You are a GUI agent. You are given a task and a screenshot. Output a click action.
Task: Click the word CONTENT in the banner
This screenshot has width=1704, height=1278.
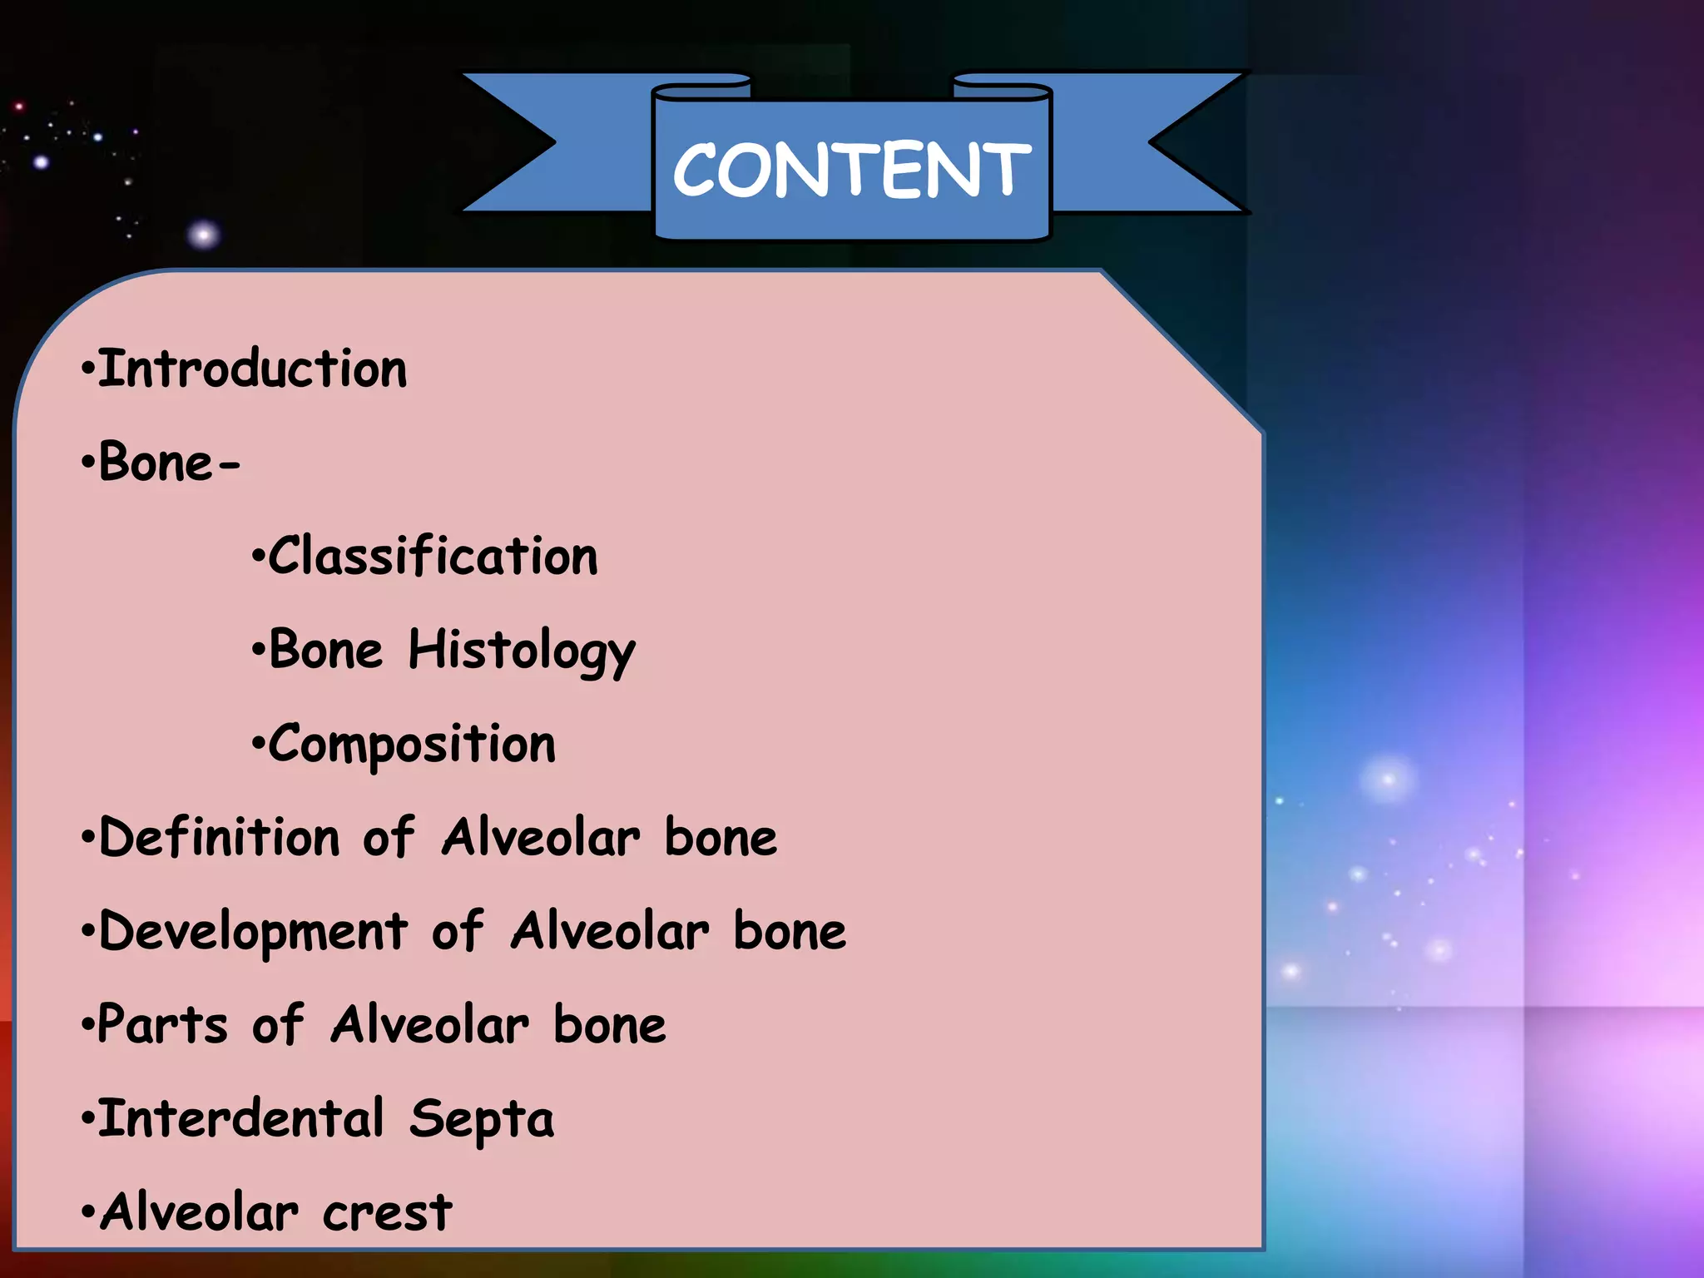pyautogui.click(x=851, y=171)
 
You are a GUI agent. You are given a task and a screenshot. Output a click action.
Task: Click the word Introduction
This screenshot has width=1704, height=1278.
pyautogui.click(x=253, y=369)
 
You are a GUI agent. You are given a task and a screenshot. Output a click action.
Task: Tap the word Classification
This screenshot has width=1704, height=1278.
pyautogui.click(x=433, y=556)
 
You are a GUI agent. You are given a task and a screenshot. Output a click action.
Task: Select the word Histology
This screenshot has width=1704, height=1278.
pyautogui.click(x=522, y=651)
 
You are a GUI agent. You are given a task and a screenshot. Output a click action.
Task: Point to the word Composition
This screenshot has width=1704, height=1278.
pyautogui.click(x=412, y=745)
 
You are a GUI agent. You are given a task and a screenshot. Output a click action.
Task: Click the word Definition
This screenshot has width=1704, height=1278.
pyautogui.click(x=220, y=837)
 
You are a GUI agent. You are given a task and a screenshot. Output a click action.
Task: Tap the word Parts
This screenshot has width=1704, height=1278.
pyautogui.click(x=163, y=1024)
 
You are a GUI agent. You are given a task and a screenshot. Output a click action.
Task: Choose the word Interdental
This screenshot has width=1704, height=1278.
pyautogui.click(x=242, y=1118)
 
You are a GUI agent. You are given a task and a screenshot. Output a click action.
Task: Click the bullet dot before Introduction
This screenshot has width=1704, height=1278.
pyautogui.click(x=87, y=369)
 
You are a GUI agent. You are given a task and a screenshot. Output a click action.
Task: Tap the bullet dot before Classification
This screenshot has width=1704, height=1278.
pyautogui.click(x=257, y=557)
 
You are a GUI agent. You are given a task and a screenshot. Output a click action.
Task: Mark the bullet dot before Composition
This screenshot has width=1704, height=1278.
pyautogui.click(x=257, y=745)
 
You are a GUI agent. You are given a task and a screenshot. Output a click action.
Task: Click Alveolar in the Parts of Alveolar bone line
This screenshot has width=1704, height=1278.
pyautogui.click(x=429, y=1024)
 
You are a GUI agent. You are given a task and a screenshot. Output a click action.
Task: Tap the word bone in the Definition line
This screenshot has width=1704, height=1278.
pyautogui.click(x=721, y=837)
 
